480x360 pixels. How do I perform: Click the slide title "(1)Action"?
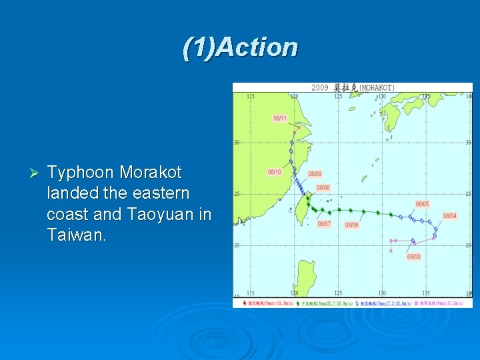click(x=240, y=47)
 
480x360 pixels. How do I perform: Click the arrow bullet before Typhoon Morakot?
click(x=36, y=173)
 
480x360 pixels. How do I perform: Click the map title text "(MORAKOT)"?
click(x=377, y=88)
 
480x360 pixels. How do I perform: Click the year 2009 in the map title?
click(x=320, y=88)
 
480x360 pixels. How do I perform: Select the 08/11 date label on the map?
click(x=280, y=118)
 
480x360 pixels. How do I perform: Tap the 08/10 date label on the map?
click(x=274, y=172)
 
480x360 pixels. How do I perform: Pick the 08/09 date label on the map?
click(x=315, y=174)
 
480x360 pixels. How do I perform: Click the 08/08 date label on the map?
click(x=323, y=188)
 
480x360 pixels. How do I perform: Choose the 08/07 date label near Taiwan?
click(x=324, y=224)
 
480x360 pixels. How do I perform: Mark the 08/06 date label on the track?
click(x=351, y=225)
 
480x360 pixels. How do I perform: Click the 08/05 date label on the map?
click(x=422, y=204)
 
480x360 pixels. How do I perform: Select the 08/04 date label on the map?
click(x=450, y=216)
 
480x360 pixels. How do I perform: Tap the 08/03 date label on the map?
click(x=413, y=257)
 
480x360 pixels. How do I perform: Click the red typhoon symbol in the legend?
click(x=246, y=303)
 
